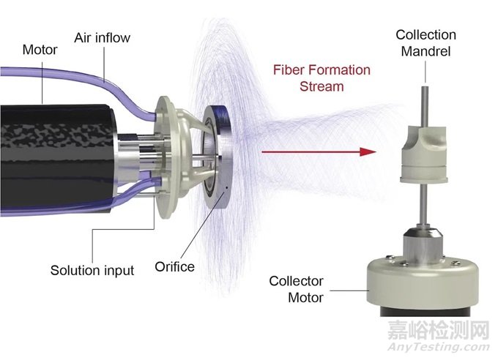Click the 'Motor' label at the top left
(x=40, y=50)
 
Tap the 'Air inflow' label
(x=103, y=38)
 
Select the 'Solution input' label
(x=92, y=271)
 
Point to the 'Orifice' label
(x=175, y=266)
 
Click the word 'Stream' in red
(x=322, y=86)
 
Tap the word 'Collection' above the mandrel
(x=426, y=35)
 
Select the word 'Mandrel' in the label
(x=425, y=51)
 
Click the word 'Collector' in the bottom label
(x=297, y=281)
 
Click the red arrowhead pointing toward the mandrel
(x=368, y=151)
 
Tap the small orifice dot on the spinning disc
(x=227, y=187)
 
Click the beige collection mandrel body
(x=423, y=154)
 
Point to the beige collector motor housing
(x=423, y=282)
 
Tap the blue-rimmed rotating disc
(x=218, y=157)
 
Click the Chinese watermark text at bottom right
(x=439, y=331)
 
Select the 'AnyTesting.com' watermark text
(x=439, y=347)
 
